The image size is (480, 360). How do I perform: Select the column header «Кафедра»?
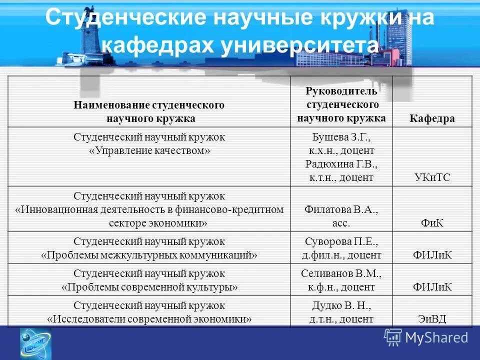pyautogui.click(x=432, y=118)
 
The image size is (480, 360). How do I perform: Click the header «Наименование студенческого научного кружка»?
pyautogui.click(x=149, y=111)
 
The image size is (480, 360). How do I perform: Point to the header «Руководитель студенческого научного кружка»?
pyautogui.click(x=341, y=105)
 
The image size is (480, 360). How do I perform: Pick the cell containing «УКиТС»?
pyautogui.click(x=432, y=177)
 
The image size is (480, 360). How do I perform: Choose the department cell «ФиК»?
pyautogui.click(x=432, y=223)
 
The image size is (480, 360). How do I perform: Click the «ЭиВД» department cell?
pyautogui.click(x=432, y=318)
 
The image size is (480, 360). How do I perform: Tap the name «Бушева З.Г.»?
pyautogui.click(x=341, y=137)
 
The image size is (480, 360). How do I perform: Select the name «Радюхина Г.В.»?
pyautogui.click(x=341, y=164)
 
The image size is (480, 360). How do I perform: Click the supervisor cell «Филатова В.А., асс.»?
pyautogui.click(x=341, y=216)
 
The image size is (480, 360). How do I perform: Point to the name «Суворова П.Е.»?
pyautogui.click(x=341, y=242)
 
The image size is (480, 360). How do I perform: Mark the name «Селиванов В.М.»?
pyautogui.click(x=341, y=273)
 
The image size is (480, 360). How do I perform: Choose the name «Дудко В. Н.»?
pyautogui.click(x=341, y=305)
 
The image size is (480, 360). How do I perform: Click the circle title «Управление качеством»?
pyautogui.click(x=149, y=150)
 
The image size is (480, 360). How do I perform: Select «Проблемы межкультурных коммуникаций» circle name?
pyautogui.click(x=149, y=255)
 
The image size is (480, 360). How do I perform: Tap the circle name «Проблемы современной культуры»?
pyautogui.click(x=149, y=287)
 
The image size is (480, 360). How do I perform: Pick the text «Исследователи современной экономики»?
pyautogui.click(x=149, y=318)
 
